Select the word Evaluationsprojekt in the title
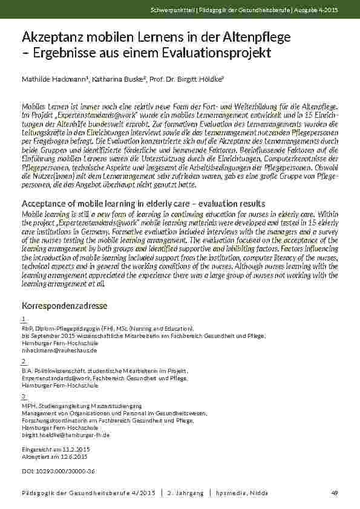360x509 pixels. click(x=219, y=53)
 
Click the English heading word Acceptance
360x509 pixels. click(x=45, y=203)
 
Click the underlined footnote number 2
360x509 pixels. click(x=24, y=361)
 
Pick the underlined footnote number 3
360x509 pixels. click(x=24, y=396)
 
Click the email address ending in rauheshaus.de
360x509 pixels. click(x=59, y=350)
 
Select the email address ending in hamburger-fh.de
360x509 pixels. click(x=65, y=435)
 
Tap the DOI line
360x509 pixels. click(x=58, y=471)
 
